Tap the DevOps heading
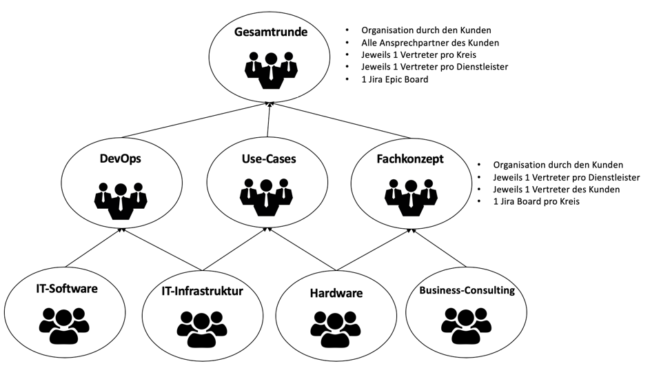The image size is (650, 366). pyautogui.click(x=121, y=159)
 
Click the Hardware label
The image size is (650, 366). pyautogui.click(x=337, y=294)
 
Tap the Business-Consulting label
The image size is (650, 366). pyautogui.click(x=467, y=290)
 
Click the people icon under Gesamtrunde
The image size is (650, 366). pyautogui.click(x=272, y=69)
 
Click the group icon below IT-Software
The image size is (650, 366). pyautogui.click(x=63, y=323)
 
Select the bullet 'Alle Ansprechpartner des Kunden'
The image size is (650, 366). pyautogui.click(x=430, y=43)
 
